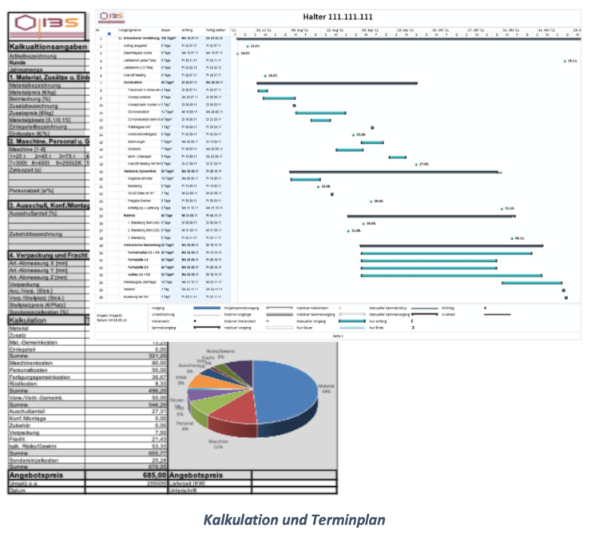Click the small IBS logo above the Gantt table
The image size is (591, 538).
pyautogui.click(x=113, y=16)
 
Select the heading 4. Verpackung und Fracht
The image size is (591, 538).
pyautogui.click(x=48, y=254)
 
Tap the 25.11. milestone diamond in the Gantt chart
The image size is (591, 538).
pyautogui.click(x=565, y=61)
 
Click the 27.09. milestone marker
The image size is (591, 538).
pyautogui.click(x=415, y=164)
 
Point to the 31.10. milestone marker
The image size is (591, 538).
pyautogui.click(x=502, y=209)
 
